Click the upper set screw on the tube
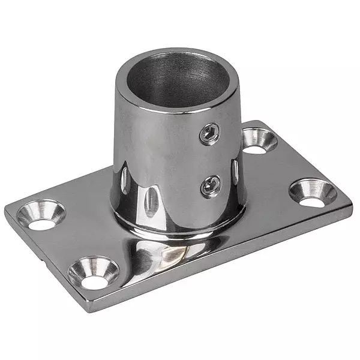pyautogui.click(x=210, y=134)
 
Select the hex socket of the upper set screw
pyautogui.click(x=210, y=134)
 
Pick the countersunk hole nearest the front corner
pyautogui.click(x=94, y=272)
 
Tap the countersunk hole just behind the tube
pyautogui.click(x=259, y=139)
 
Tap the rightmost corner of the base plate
pyautogui.click(x=351, y=204)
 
